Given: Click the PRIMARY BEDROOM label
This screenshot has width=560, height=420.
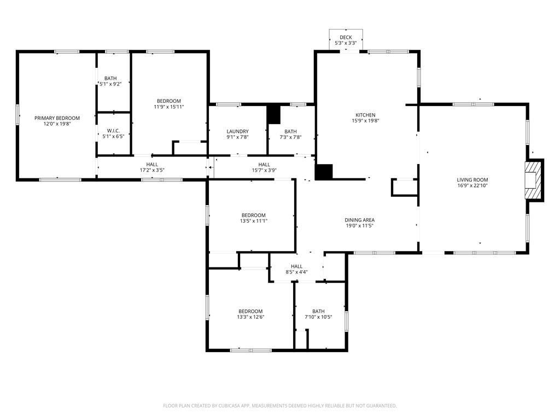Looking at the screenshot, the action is [x=57, y=118].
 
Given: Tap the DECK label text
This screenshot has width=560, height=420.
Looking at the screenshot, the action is [x=346, y=37].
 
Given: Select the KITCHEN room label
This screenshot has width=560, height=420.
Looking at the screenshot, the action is [x=365, y=115].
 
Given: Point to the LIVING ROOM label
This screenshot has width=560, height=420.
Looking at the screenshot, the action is [x=472, y=179].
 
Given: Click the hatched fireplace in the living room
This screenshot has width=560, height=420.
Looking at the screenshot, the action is [x=533, y=180].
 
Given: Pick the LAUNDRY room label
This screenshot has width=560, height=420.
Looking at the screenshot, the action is [x=237, y=131].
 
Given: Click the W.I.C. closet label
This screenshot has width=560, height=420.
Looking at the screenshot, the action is [x=113, y=131].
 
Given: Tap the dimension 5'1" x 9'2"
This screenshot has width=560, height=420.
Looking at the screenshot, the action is [x=110, y=84].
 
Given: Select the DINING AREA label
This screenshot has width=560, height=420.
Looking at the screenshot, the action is [x=360, y=220].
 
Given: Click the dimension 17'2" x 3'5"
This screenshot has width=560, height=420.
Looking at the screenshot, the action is [x=152, y=170].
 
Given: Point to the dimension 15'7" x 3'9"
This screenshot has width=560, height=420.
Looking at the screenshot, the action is [x=264, y=170].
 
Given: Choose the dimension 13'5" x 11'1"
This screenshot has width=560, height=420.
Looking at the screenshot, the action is [x=254, y=221].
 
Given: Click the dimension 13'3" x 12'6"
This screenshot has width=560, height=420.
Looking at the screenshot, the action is [x=250, y=317].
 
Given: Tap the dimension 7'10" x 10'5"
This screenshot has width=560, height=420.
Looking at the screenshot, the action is [x=318, y=317].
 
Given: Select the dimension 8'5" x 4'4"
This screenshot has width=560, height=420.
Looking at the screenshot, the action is [x=296, y=272].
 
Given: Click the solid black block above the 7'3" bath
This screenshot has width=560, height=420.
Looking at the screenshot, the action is [x=274, y=114].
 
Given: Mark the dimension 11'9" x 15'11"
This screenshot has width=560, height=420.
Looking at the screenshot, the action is [x=169, y=107].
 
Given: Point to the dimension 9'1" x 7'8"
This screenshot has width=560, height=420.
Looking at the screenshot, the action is [x=237, y=137].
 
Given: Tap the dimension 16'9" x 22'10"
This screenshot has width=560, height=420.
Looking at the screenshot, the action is [x=472, y=185].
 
